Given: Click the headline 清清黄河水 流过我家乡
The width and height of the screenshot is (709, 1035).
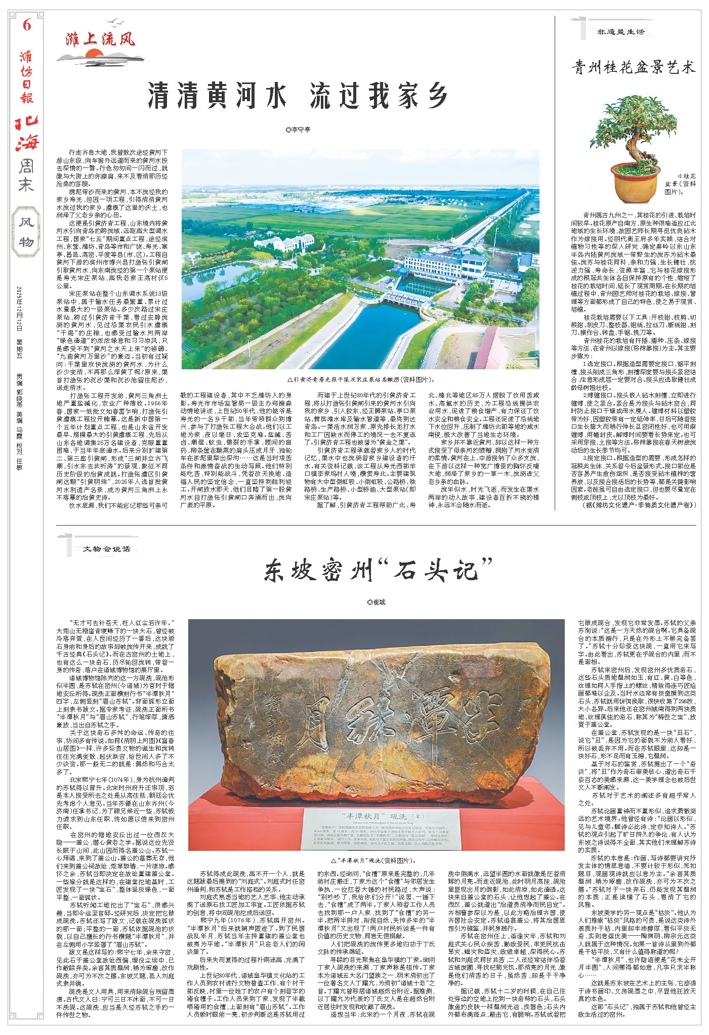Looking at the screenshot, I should [x=298, y=96].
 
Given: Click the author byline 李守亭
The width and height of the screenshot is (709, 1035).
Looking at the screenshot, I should [x=298, y=130].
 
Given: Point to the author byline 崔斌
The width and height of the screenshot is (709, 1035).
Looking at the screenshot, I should [x=377, y=602].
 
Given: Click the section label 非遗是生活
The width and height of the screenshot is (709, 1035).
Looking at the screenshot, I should [x=621, y=32].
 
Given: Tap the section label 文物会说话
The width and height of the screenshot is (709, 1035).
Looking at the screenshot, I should [x=106, y=548].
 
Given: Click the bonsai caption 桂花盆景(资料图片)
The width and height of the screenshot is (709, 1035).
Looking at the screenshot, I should [x=679, y=182].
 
